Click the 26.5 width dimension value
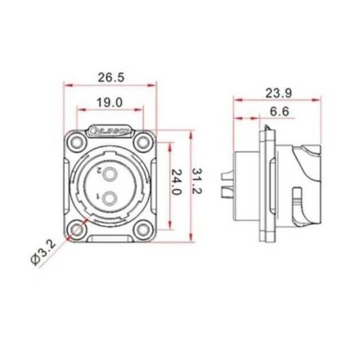tap(111, 77)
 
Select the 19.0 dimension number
tap(111, 102)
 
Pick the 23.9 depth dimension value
tap(277, 93)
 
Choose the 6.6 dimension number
tap(278, 113)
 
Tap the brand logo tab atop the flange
tap(111, 130)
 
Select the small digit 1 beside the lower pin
tap(97, 195)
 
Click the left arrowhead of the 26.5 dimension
tap(66, 84)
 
